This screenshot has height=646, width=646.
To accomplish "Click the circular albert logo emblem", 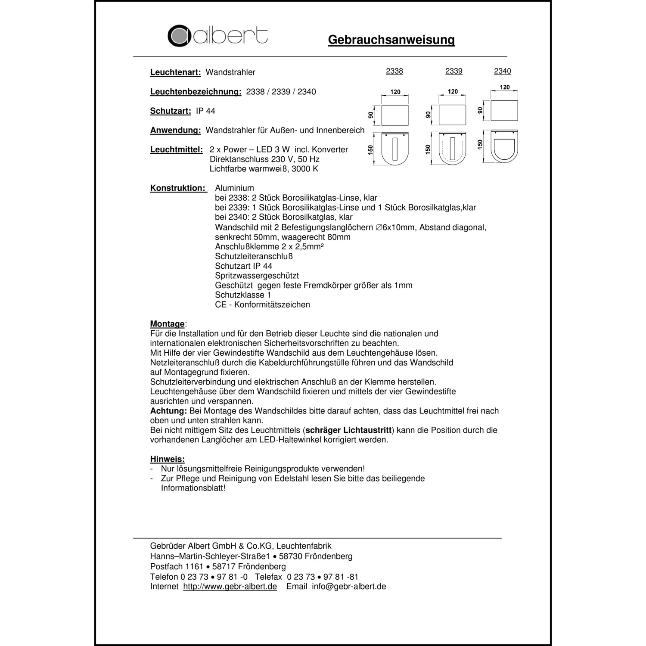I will point(179,36).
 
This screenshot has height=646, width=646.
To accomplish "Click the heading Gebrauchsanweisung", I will point(391,40).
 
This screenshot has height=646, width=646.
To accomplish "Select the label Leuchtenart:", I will point(175,72).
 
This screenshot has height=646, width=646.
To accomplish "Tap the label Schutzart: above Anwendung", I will point(170,111).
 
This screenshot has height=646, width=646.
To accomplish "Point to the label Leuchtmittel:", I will point(176,150).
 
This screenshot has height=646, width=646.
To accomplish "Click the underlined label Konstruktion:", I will point(178,188).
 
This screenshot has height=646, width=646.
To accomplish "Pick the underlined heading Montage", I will point(167,324).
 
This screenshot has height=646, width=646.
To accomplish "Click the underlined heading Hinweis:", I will point(167,459).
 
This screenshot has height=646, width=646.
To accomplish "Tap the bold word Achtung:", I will point(168,411).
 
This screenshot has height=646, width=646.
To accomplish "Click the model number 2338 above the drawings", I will point(394,71).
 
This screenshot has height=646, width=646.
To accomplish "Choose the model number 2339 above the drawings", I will point(453,71).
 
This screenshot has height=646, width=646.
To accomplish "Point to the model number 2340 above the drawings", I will point(502,71).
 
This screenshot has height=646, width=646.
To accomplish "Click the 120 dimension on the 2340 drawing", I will point(504,87).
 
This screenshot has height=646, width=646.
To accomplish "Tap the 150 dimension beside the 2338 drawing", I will point(370,149).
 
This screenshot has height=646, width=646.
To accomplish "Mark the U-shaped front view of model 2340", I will point(504,147).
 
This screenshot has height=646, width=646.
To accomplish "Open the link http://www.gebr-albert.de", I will point(230,587).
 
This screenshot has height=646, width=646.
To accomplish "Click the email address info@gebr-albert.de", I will point(349,587).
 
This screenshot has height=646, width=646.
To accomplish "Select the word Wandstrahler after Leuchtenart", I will point(230,72).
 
